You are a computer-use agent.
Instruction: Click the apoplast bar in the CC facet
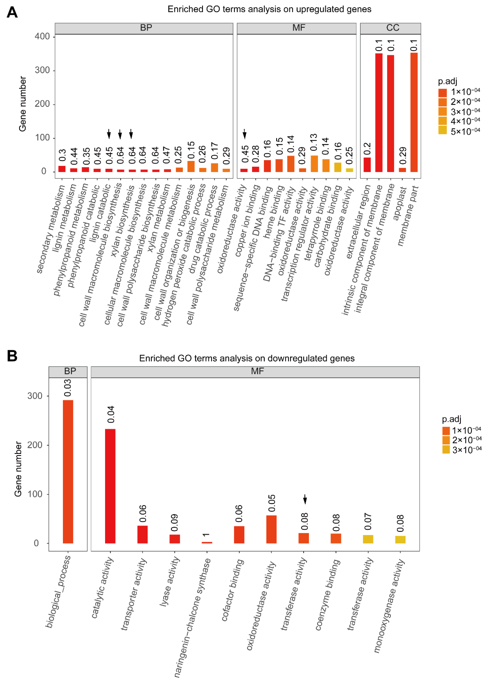click(402, 170)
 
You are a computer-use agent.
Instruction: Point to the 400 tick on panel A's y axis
click(42, 37)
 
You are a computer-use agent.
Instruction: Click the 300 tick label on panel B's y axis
click(35, 396)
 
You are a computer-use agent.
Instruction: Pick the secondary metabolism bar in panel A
click(62, 169)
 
